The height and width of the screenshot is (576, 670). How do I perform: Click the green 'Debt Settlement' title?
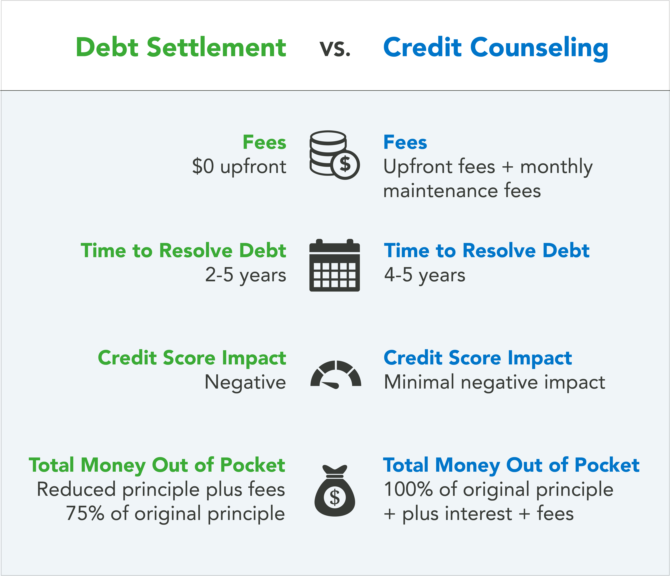[x=181, y=48]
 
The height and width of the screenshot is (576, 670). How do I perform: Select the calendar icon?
[x=334, y=265]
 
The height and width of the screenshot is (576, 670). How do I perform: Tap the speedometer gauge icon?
[x=336, y=374]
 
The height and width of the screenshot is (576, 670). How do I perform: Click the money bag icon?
[x=335, y=490]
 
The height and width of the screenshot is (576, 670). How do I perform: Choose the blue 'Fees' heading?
[x=405, y=142]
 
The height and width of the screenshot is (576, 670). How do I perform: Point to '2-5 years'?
[x=245, y=275]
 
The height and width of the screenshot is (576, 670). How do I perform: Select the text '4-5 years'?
[x=425, y=275]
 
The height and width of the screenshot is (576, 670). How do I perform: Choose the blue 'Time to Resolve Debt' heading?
[x=487, y=251]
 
